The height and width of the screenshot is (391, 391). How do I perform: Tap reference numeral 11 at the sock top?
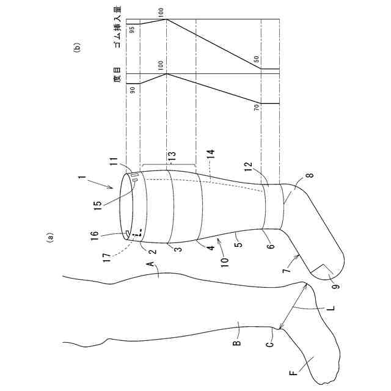point(114,162)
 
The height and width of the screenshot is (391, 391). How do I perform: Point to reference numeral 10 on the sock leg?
point(225,262)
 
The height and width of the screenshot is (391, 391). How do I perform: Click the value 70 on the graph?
point(257,106)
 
